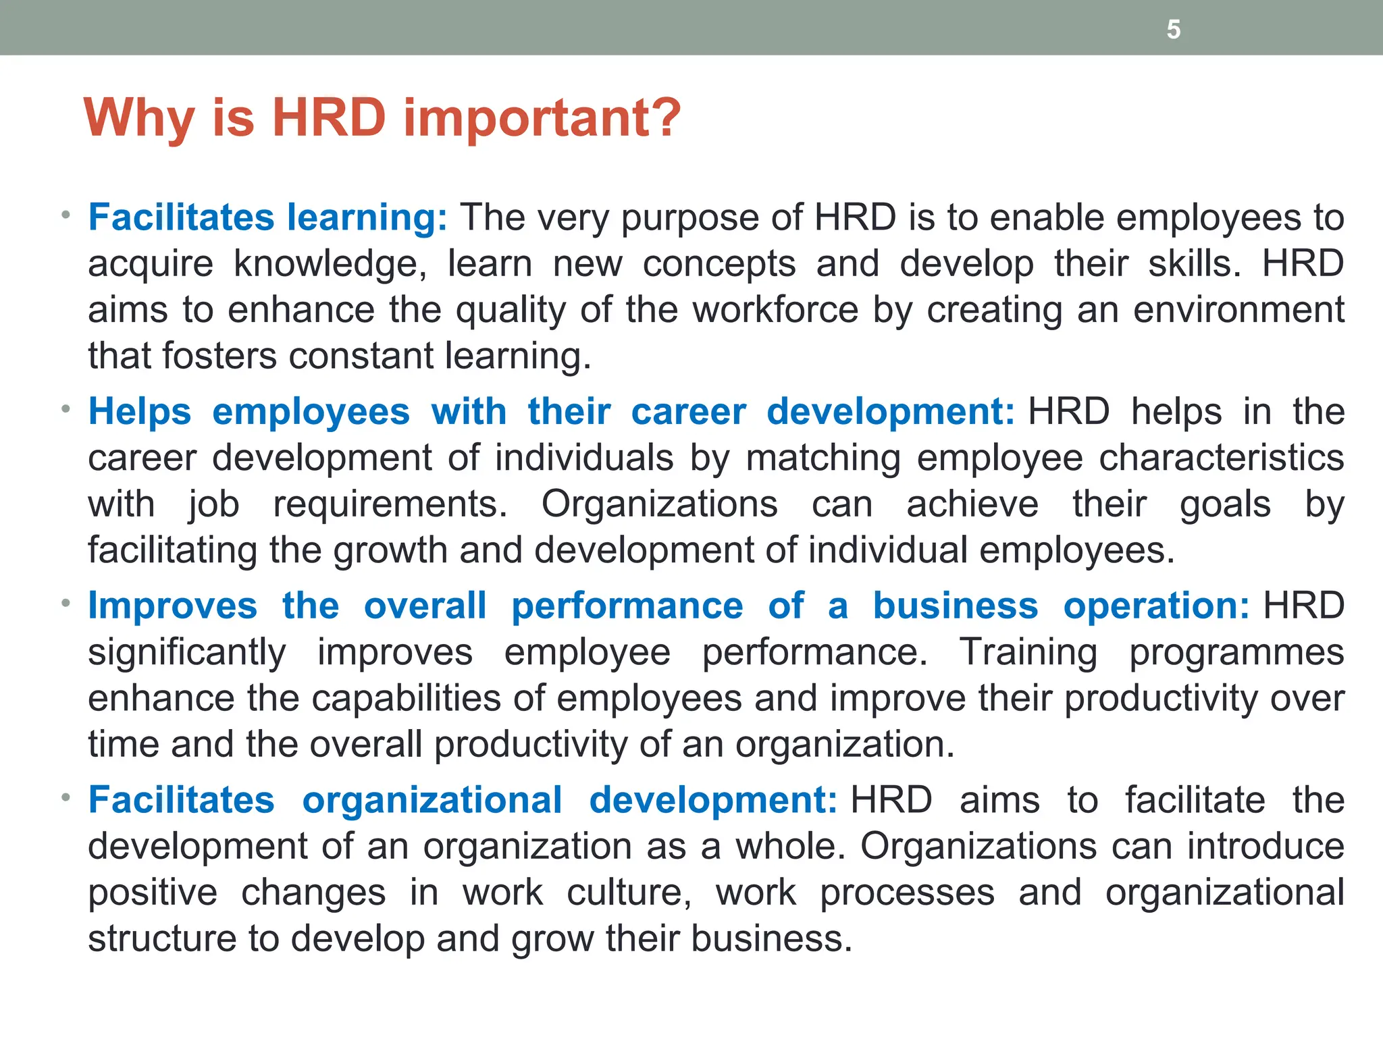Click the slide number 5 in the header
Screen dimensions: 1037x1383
(x=1174, y=30)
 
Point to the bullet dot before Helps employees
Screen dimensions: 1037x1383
(x=66, y=409)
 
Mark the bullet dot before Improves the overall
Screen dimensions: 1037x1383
(x=66, y=603)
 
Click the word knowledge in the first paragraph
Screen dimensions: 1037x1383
(x=330, y=264)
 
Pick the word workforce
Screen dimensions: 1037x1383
(x=775, y=310)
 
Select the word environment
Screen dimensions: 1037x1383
(x=1238, y=310)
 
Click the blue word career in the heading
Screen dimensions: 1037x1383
(x=688, y=412)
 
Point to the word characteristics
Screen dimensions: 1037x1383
(x=1221, y=458)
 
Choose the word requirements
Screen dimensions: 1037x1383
(x=390, y=504)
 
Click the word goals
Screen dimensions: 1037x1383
(x=1225, y=504)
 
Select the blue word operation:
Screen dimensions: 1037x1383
(x=1156, y=606)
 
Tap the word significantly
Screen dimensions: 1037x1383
(x=187, y=652)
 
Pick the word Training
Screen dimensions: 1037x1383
(x=1028, y=652)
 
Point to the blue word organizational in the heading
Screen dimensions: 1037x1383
(x=432, y=800)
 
